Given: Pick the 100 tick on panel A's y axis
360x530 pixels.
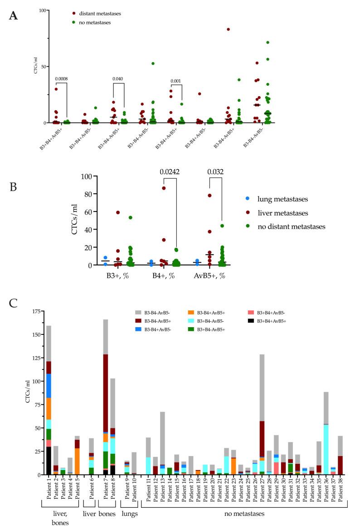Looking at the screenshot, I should tap(42, 10).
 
